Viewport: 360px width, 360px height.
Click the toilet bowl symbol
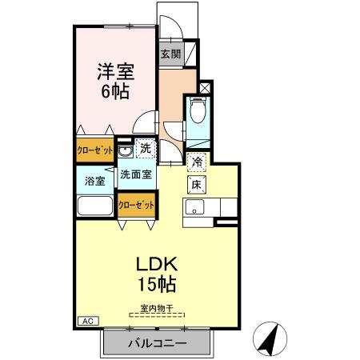coord(198,110)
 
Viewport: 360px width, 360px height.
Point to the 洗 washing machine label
coord(145,148)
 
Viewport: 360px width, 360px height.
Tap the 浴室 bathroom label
coord(95,181)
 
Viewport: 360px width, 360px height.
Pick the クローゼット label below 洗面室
coord(136,204)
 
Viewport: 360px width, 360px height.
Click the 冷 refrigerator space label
coord(197,161)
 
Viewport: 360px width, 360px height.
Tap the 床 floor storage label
coord(197,184)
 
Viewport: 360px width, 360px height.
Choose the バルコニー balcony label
coord(158,343)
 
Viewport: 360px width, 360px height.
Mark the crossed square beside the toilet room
coord(205,86)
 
